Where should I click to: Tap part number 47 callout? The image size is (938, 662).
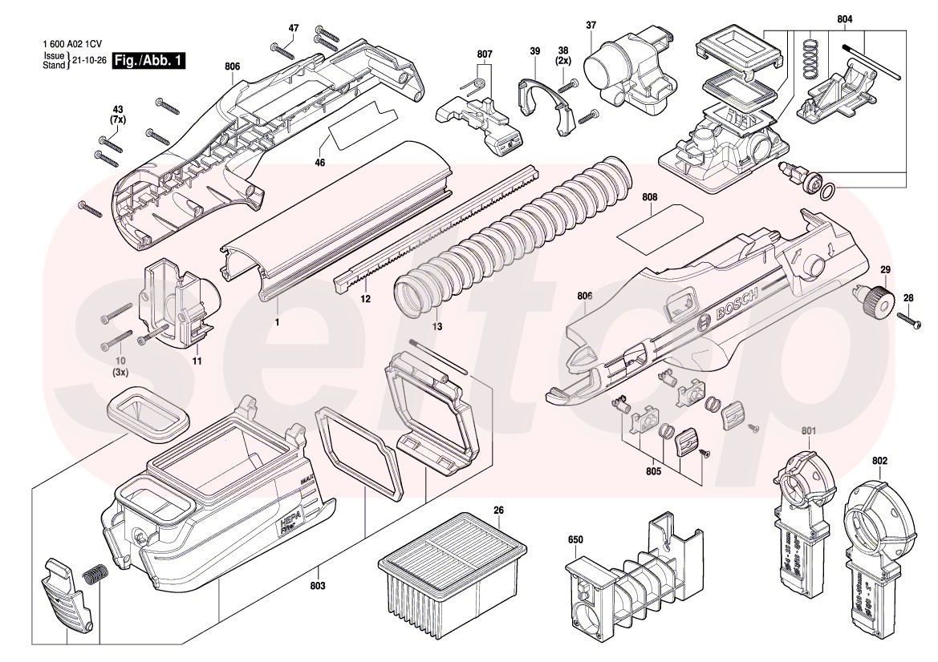[294, 28]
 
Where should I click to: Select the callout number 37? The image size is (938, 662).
[591, 25]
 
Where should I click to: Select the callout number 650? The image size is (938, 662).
[575, 540]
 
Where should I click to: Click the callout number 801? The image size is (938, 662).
[808, 432]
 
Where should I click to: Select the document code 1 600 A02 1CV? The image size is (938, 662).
[73, 46]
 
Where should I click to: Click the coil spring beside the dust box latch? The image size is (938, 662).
[95, 575]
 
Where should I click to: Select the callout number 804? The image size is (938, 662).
[844, 18]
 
